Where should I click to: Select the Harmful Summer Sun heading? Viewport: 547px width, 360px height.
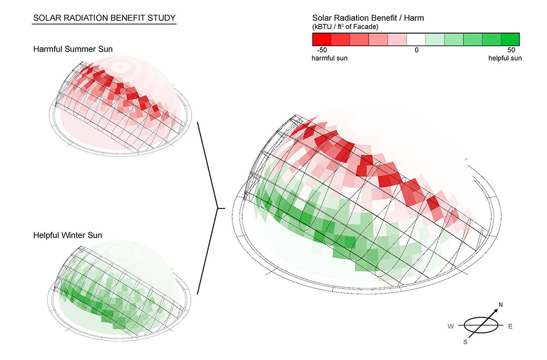[73, 49]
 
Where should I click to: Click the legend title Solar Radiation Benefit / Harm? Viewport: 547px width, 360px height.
[368, 18]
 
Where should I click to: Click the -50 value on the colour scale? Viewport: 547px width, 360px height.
[321, 50]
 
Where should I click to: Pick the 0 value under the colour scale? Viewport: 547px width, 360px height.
[416, 50]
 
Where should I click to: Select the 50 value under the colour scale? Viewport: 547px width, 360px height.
[511, 50]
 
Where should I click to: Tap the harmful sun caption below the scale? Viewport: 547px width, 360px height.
[329, 58]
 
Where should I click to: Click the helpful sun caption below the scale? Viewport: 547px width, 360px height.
[504, 58]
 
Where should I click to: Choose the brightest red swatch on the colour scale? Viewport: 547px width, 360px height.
[322, 39]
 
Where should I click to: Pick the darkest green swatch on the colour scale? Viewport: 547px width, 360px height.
[510, 39]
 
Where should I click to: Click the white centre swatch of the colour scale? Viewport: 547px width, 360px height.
[416, 39]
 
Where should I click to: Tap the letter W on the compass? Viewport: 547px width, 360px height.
[450, 326]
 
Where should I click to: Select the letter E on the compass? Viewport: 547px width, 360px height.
[510, 326]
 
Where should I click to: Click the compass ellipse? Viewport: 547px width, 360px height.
[480, 326]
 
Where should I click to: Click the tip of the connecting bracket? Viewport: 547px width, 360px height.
[218, 208]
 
